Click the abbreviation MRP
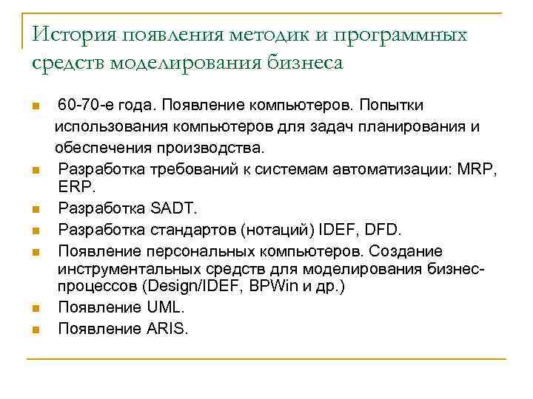click(x=479, y=169)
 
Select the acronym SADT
click(x=171, y=207)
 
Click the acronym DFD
click(x=381, y=229)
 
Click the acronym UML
click(x=163, y=307)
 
